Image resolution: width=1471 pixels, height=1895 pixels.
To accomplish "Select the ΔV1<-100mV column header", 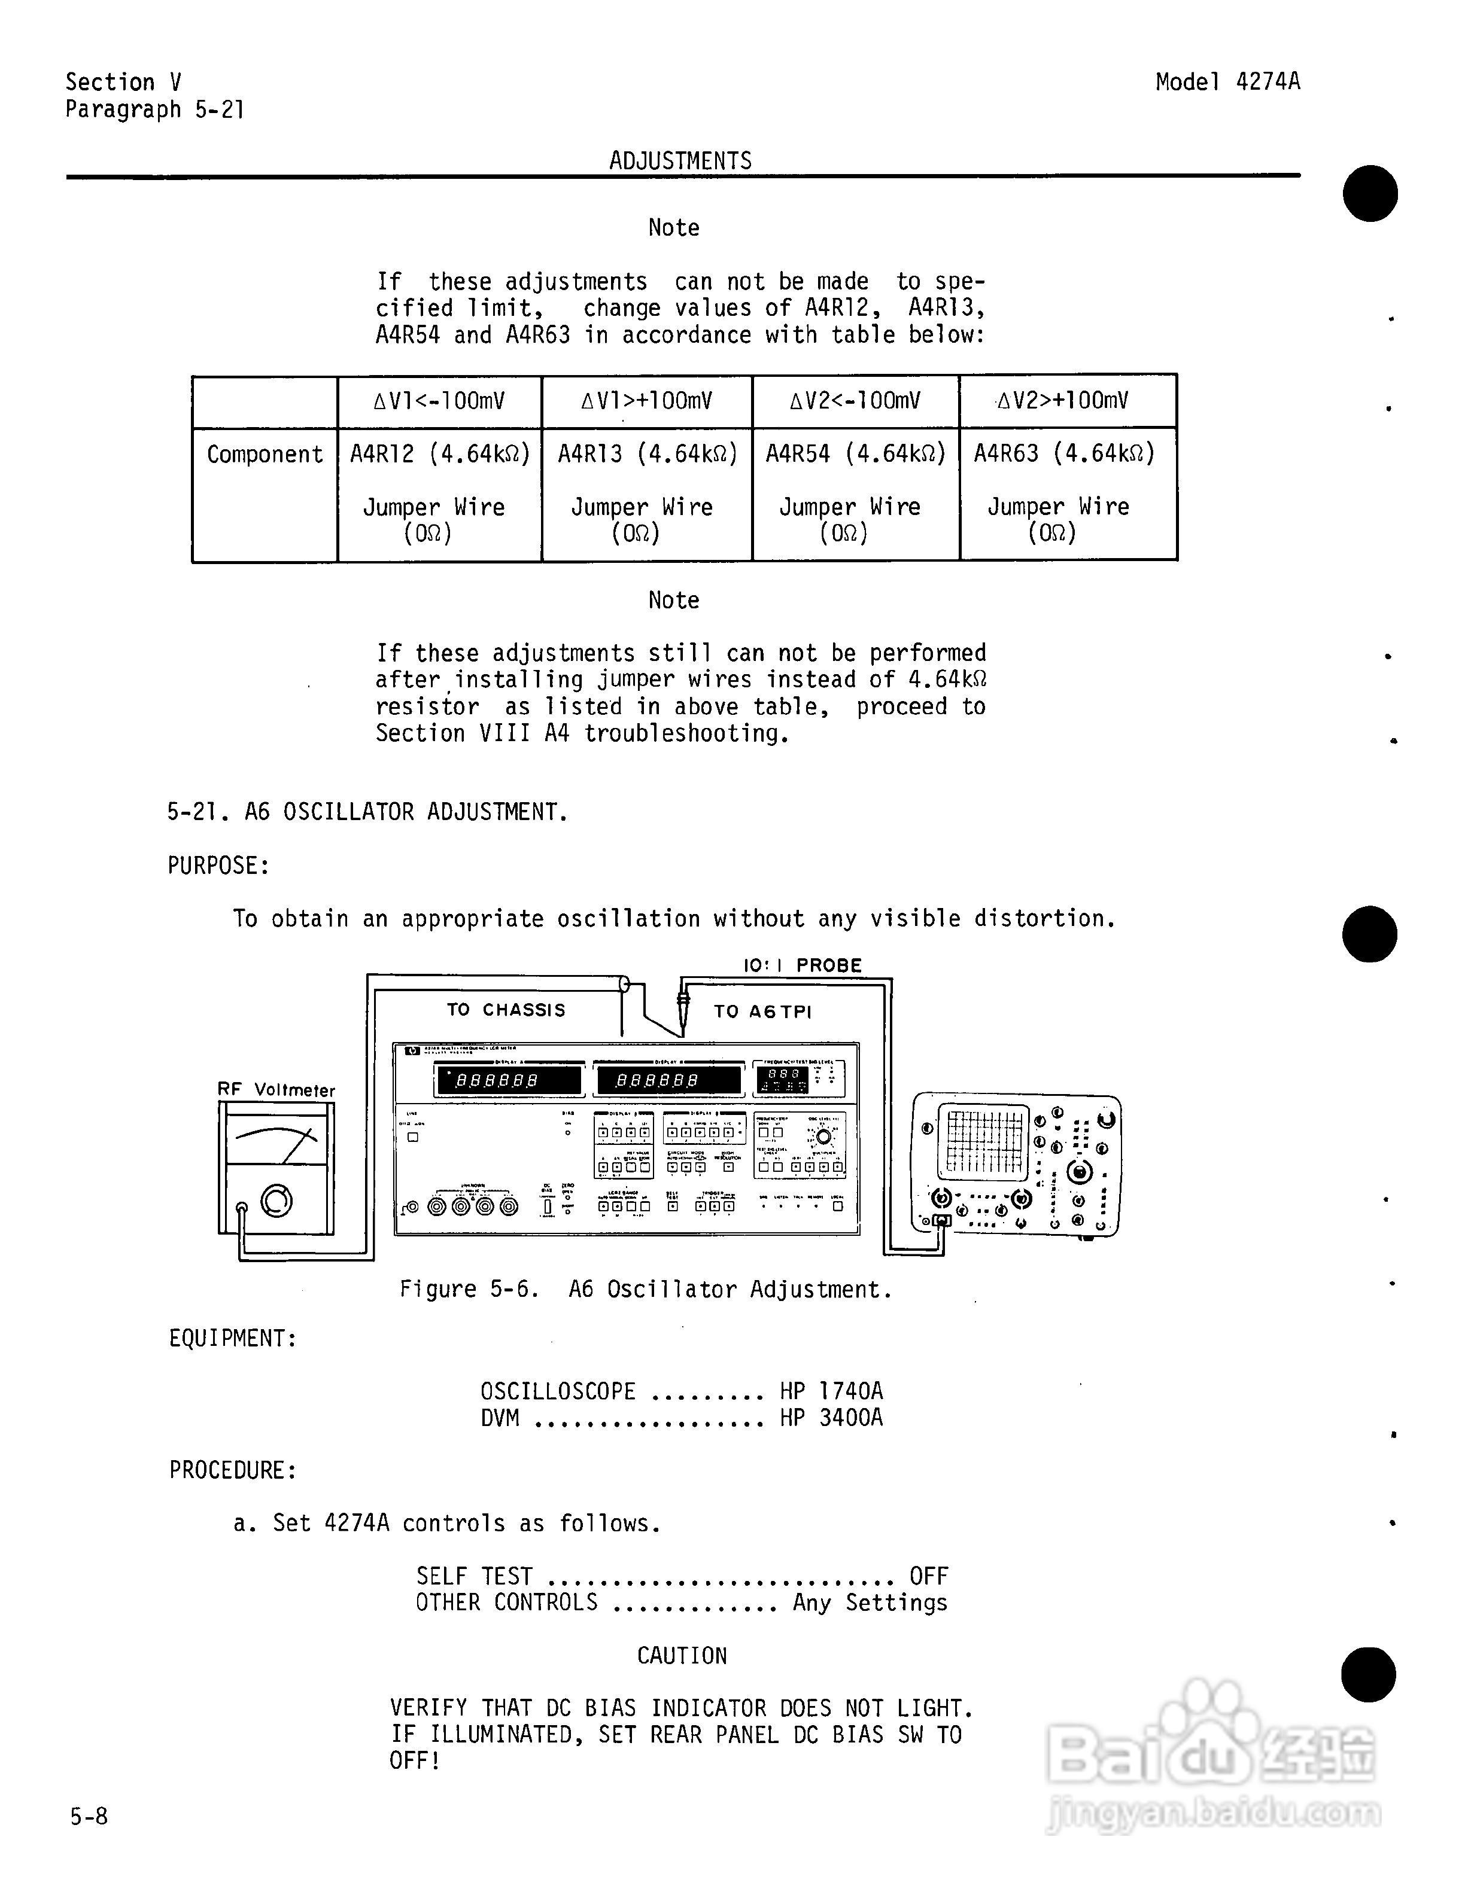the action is click(439, 401).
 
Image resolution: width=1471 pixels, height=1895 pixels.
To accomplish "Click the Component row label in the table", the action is click(265, 455).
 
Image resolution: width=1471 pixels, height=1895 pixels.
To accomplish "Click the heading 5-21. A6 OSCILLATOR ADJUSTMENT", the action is click(368, 812).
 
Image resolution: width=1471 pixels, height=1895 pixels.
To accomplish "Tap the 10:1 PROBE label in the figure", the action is click(802, 965).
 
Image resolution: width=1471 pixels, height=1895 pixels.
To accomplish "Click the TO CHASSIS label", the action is click(506, 1009).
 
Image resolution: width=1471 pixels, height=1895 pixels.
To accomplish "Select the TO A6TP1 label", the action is click(762, 1011).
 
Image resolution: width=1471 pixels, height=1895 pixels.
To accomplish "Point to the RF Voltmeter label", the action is click(276, 1090).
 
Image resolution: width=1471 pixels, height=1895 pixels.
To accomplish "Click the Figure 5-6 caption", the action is click(646, 1290).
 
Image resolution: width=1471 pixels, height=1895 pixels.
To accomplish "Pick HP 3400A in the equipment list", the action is click(831, 1418).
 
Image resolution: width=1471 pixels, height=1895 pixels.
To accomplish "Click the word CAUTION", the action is click(681, 1656).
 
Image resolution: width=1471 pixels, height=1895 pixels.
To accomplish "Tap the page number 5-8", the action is click(89, 1816).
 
